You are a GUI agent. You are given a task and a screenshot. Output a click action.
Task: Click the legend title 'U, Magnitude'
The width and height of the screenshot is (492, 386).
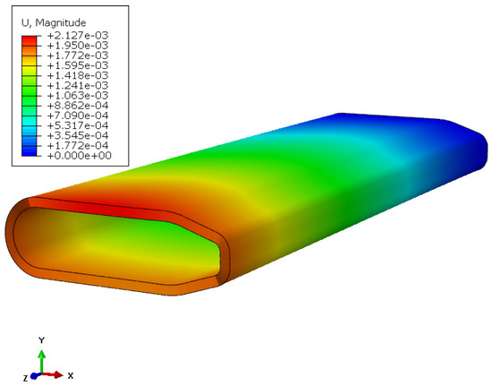(54, 22)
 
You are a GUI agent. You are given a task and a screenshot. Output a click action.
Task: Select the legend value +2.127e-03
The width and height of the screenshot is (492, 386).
(78, 35)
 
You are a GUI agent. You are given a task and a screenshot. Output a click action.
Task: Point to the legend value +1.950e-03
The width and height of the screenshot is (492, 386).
(78, 45)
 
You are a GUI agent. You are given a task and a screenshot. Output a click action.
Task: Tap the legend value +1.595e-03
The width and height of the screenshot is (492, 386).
(78, 65)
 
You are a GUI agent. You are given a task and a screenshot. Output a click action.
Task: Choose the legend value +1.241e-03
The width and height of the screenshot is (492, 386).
(78, 85)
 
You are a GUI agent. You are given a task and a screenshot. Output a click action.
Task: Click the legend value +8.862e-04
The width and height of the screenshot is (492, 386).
(78, 105)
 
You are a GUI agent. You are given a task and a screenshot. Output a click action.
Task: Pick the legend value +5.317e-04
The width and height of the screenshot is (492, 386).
(78, 125)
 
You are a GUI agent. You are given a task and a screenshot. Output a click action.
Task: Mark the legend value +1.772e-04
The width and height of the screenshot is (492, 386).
(78, 145)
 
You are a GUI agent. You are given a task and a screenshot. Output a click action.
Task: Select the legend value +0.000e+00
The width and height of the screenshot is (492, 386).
(79, 156)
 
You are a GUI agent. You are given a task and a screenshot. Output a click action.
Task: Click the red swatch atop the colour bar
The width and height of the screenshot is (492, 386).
(30, 40)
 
